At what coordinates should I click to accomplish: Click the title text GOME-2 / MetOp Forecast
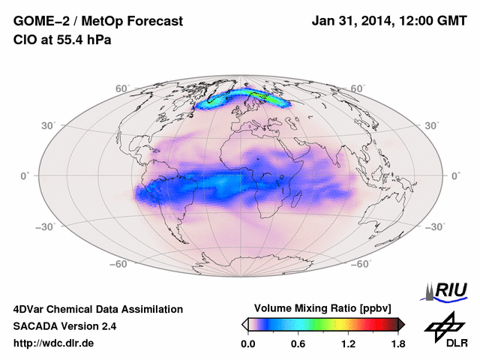[x=97, y=22]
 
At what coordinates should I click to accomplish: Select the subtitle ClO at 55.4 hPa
[x=62, y=40]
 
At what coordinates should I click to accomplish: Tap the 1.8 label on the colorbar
[x=397, y=344]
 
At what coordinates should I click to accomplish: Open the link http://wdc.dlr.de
[x=54, y=344]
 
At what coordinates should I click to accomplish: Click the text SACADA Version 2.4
[x=64, y=326]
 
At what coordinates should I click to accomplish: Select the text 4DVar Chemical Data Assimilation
[x=97, y=309]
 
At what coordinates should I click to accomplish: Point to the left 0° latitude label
[x=25, y=175]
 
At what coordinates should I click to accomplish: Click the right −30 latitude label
[x=435, y=227]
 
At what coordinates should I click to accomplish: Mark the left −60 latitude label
[x=118, y=265]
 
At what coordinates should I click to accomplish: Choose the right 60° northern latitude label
[x=358, y=88]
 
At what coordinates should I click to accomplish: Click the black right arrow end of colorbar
[x=401, y=324]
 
